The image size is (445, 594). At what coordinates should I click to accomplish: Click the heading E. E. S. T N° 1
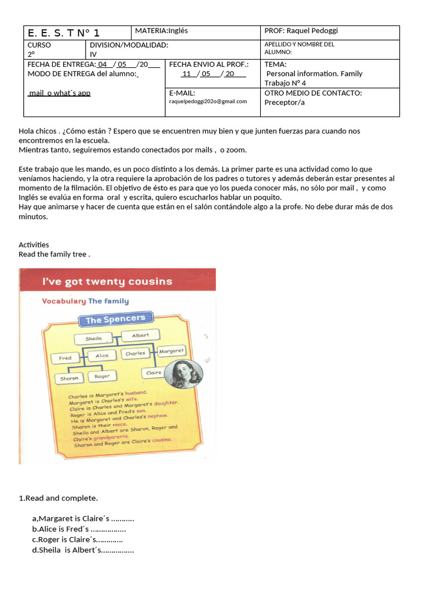pos(64,33)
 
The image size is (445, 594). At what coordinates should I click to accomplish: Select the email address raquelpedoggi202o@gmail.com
pos(208,101)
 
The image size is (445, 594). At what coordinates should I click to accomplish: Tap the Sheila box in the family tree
pos(93,338)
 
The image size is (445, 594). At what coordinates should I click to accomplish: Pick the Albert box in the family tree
pos(140,335)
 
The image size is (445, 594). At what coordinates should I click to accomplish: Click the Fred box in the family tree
pos(65,358)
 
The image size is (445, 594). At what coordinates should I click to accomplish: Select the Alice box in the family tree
pos(102,356)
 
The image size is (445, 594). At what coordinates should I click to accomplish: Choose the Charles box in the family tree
pos(136,353)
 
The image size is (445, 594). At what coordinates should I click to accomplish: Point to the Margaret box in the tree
pos(172,351)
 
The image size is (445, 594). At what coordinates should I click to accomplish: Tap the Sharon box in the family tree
pos(70,378)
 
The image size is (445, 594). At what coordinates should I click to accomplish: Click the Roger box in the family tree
pos(102,376)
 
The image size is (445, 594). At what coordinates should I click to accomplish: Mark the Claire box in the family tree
pos(154,373)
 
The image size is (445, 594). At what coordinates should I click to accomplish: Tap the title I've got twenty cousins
pos(107,282)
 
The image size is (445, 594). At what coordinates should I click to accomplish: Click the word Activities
pos(34,245)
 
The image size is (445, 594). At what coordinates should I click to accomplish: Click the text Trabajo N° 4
pos(285,83)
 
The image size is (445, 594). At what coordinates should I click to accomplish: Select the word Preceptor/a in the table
pos(284,103)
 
